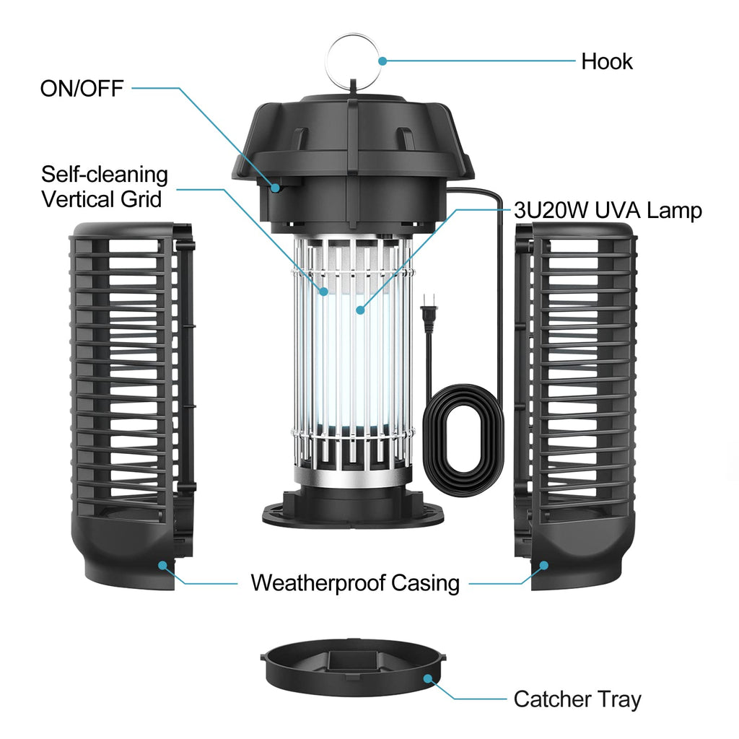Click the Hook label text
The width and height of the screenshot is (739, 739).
606,62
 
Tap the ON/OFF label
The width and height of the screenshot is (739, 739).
82,89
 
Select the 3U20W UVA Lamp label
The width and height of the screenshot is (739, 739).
608,211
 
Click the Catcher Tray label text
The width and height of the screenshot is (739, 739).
577,699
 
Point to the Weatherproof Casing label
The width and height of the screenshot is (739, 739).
355,583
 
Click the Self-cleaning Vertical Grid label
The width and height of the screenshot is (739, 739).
104,187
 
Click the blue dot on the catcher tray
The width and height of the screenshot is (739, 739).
428,678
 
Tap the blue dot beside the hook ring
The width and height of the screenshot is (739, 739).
382,61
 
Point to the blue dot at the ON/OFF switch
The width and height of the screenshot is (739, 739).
276,188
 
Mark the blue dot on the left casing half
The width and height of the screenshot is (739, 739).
163,565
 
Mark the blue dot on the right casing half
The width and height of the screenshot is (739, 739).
544,565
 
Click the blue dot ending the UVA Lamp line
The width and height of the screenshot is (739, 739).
361,310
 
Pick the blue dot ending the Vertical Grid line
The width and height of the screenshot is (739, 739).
323,292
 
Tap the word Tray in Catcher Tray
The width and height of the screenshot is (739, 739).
618,699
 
